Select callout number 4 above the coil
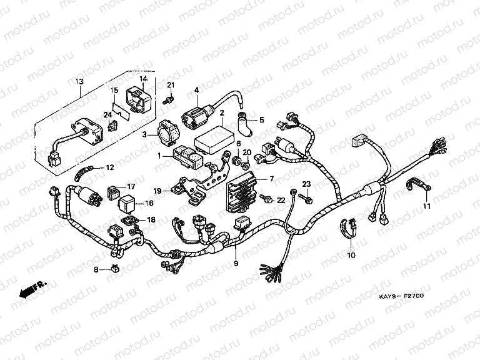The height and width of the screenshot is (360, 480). point(196,90)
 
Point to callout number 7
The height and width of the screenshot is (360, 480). point(271,178)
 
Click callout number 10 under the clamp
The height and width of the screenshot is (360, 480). point(351,256)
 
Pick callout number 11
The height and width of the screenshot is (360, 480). point(427,206)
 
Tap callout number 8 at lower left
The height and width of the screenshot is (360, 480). point(96,269)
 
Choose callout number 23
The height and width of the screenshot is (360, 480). point(306,183)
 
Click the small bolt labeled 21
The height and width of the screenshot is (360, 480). point(167,99)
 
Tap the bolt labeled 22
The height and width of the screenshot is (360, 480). point(267,200)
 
